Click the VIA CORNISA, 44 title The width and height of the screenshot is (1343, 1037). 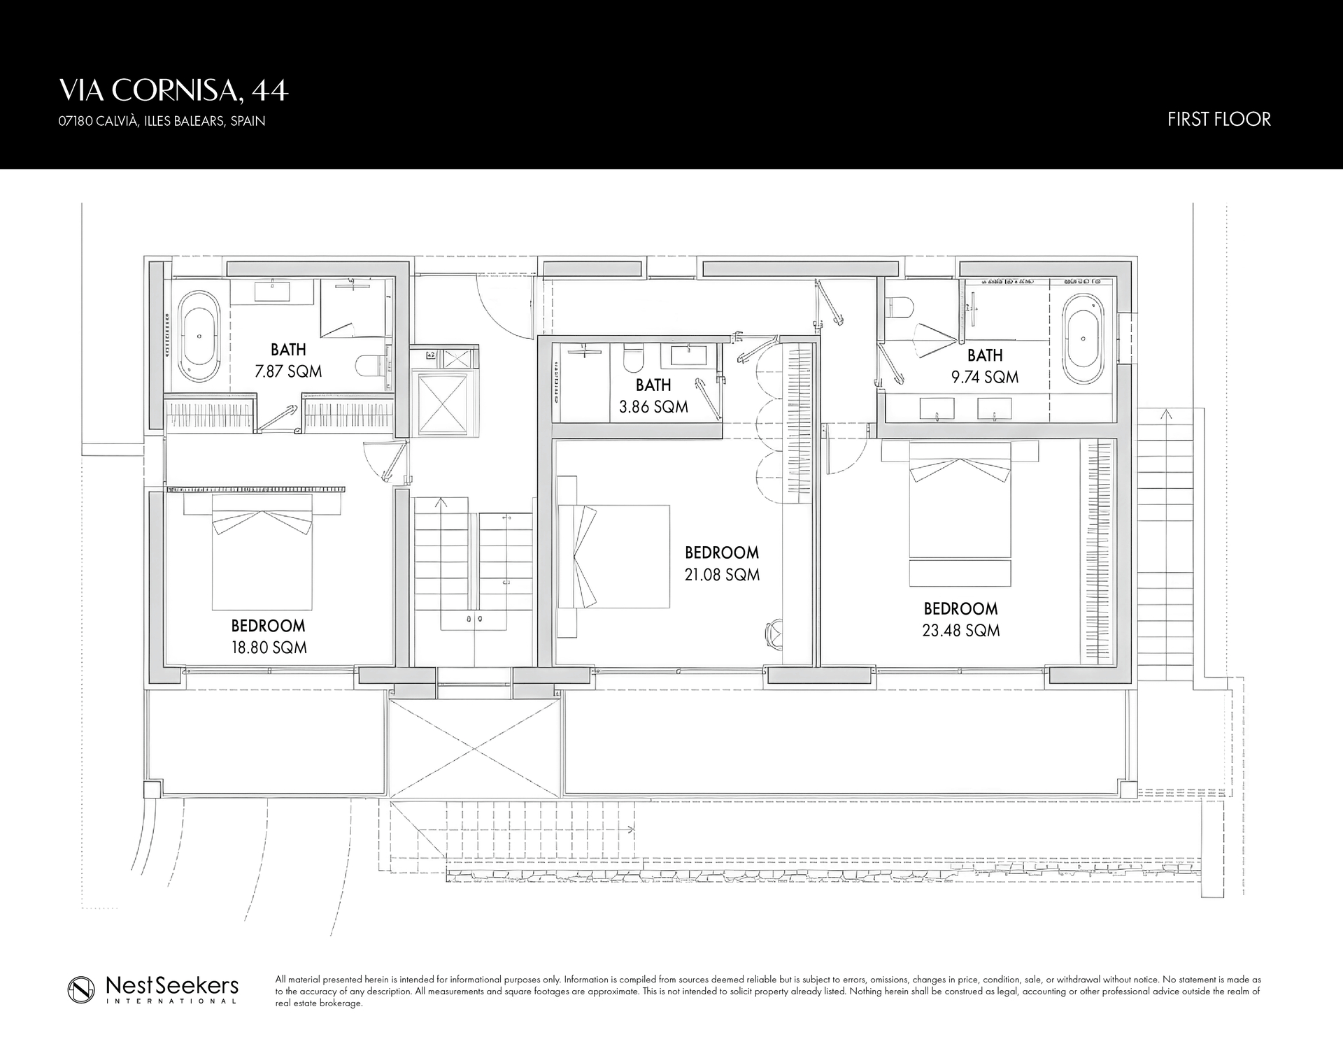tap(173, 90)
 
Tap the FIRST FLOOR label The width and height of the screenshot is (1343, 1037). tap(1218, 120)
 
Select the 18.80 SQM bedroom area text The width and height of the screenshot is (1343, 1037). tap(269, 648)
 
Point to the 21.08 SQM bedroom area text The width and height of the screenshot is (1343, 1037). tap(723, 574)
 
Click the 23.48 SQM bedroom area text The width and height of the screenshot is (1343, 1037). tap(961, 630)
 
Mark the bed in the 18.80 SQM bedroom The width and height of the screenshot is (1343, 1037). tap(262, 552)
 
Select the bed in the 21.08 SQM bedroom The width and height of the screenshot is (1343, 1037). tap(613, 557)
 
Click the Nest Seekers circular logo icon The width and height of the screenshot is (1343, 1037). tap(81, 990)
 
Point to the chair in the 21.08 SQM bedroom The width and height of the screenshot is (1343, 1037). tap(775, 634)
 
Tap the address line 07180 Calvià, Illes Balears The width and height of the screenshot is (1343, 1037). tap(162, 121)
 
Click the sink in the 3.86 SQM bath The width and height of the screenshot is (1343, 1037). tap(689, 355)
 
